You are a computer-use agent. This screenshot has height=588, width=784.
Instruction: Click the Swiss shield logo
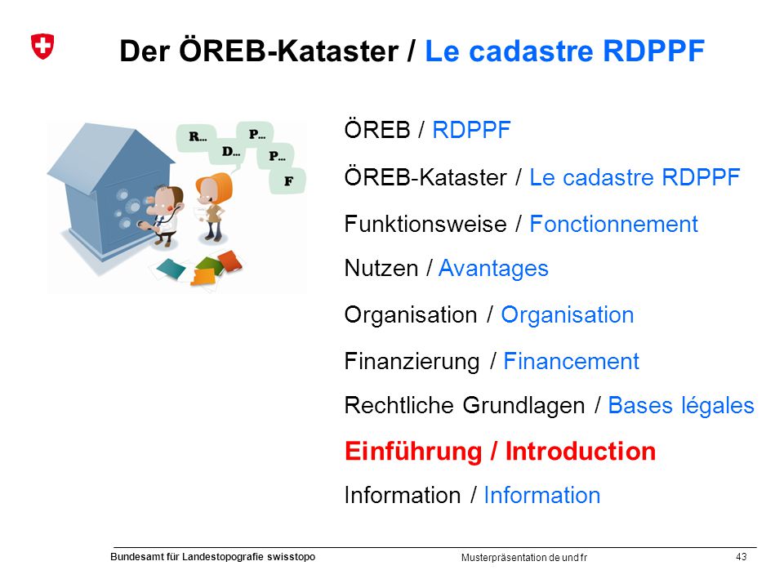tap(42, 47)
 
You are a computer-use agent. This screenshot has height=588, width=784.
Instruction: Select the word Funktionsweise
tap(425, 224)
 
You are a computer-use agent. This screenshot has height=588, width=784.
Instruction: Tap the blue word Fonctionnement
tap(613, 224)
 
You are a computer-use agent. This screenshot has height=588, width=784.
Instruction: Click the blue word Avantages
tap(493, 269)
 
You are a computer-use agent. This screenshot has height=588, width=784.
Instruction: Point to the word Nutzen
tap(381, 269)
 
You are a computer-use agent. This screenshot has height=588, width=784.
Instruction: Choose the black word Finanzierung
tap(412, 362)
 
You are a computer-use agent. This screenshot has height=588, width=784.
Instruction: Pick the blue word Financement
tap(571, 361)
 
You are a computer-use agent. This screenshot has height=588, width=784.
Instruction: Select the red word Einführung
tap(413, 452)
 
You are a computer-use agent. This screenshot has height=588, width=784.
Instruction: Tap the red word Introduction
tap(581, 451)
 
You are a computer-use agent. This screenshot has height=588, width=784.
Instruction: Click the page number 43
tap(742, 556)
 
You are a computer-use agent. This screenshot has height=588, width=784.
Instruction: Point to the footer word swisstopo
tap(291, 557)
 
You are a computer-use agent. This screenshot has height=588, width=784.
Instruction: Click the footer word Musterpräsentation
tap(504, 558)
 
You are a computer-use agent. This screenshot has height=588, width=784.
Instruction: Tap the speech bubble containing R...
tap(197, 137)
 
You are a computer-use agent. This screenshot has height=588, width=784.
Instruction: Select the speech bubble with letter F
tap(288, 181)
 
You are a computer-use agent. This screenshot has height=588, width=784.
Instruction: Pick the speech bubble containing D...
tap(230, 152)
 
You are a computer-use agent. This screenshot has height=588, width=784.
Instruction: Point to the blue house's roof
tap(111, 154)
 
